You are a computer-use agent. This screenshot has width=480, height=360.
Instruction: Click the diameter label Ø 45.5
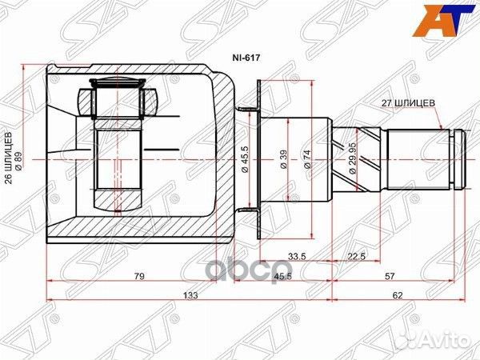(243, 157)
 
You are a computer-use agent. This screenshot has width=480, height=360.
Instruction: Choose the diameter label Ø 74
(308, 158)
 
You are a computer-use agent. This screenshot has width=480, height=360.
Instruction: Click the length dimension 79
(139, 278)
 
